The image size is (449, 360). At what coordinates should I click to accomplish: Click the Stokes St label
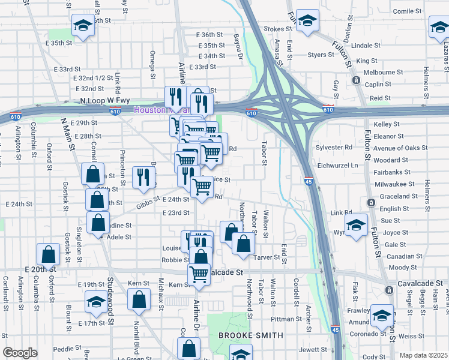click(277, 28)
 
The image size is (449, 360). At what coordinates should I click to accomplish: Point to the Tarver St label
click(268, 257)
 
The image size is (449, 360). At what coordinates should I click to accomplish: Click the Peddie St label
click(66, 349)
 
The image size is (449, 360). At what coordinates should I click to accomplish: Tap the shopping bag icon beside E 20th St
click(47, 254)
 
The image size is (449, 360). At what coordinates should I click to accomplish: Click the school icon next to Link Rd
click(356, 225)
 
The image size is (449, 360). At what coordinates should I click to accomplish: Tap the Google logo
click(20, 353)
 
